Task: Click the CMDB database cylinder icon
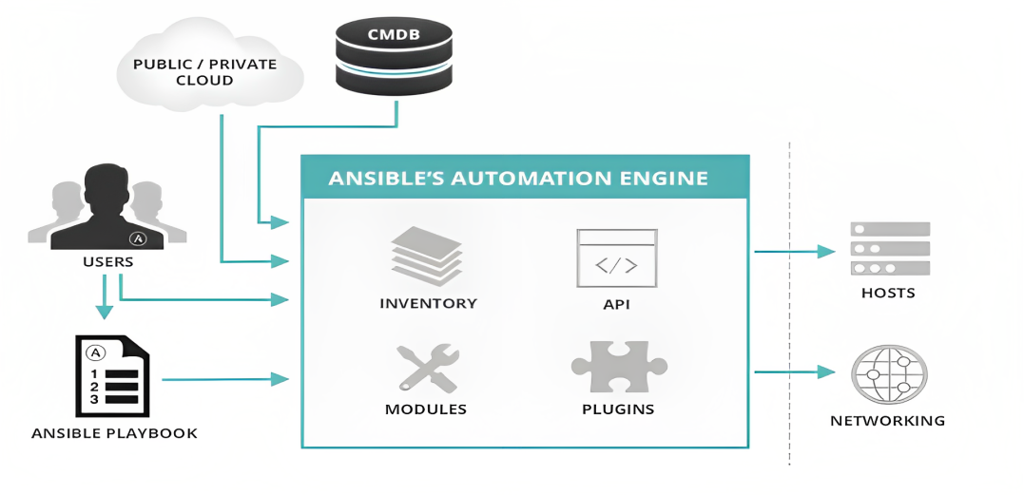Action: [x=393, y=58]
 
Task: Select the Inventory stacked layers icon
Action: [x=427, y=256]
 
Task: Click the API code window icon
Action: [x=616, y=257]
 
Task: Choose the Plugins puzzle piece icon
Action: [x=617, y=366]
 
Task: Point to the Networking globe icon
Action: [x=889, y=374]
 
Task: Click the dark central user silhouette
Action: [x=106, y=209]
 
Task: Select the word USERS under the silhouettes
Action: [x=107, y=261]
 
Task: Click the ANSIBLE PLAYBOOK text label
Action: [x=114, y=433]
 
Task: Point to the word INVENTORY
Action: [x=428, y=304]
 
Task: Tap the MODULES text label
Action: [x=426, y=409]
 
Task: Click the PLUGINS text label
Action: [x=618, y=409]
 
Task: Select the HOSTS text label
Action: [x=888, y=293]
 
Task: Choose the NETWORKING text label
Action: [x=887, y=420]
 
